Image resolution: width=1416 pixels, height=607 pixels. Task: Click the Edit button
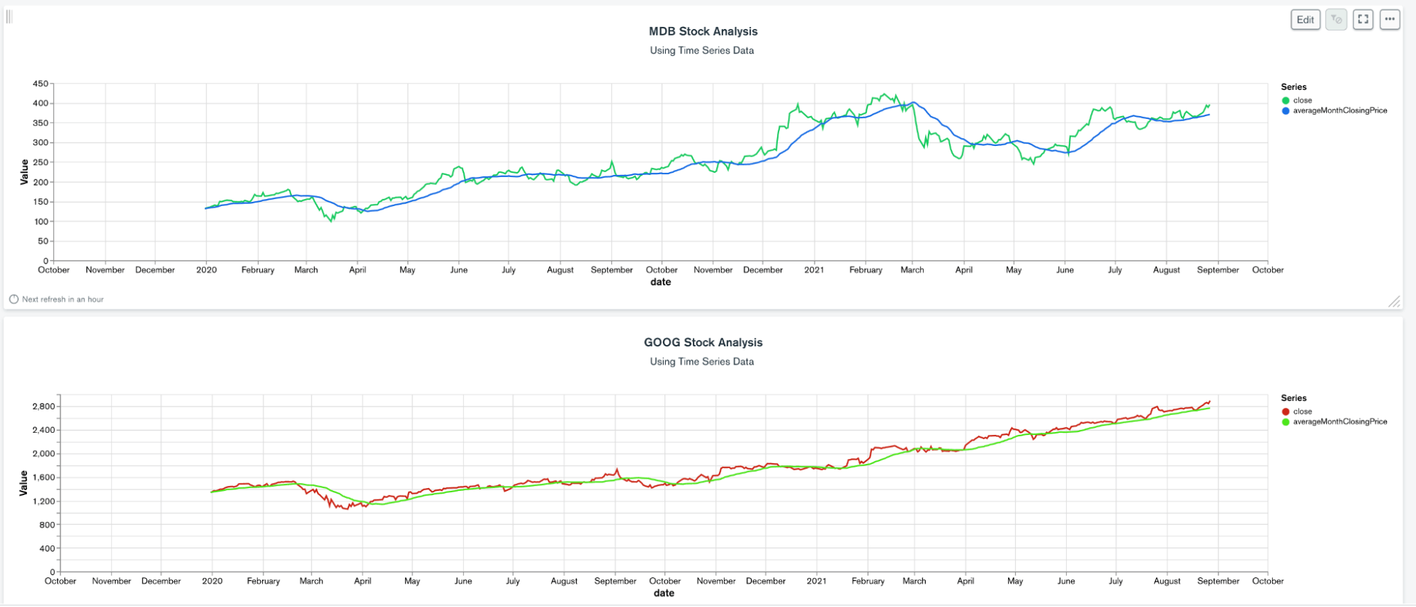coord(1305,20)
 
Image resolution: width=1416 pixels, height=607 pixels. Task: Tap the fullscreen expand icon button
coord(1363,20)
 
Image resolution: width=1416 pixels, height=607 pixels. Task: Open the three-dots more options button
coord(1390,20)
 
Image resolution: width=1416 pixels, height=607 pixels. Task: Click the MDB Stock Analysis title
coord(703,31)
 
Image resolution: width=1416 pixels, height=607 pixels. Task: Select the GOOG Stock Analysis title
coord(703,342)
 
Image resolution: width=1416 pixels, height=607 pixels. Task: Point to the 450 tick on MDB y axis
coord(40,84)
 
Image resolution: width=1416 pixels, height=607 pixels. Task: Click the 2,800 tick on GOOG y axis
coord(43,407)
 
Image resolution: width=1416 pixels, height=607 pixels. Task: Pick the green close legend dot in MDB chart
coord(1286,101)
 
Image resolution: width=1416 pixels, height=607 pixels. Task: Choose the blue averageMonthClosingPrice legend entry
coord(1339,110)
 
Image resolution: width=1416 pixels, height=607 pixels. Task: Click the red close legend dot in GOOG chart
coord(1286,412)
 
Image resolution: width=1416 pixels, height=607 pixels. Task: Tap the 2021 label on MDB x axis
coord(814,270)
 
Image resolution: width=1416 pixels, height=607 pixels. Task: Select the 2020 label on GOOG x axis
coord(212,581)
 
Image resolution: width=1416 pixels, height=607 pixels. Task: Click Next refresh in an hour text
coord(62,300)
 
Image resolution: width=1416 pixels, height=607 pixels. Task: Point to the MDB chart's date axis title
coord(660,282)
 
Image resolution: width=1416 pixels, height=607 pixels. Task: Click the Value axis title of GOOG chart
coord(23,483)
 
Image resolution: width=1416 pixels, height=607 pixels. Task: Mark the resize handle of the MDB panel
coord(1394,302)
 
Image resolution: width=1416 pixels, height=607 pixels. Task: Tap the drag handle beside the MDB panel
coord(9,16)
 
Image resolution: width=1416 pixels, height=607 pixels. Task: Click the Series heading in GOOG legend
coord(1293,398)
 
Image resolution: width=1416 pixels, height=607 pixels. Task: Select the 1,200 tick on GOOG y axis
coord(43,501)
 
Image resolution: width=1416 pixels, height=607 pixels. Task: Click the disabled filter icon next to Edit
coord(1336,20)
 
